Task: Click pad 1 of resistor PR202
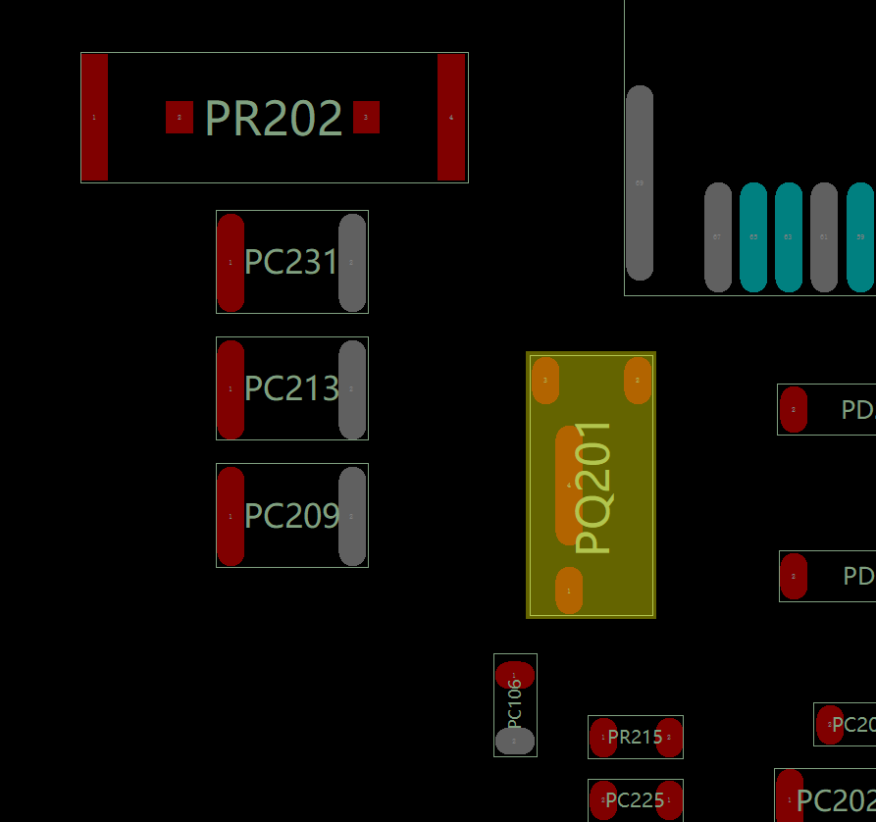pos(94,118)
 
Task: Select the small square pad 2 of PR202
pos(180,118)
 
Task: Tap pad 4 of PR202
pos(451,118)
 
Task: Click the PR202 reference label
pos(274,119)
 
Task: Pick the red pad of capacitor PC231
pos(231,262)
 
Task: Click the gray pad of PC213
pos(352,389)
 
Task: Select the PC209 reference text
pos(291,516)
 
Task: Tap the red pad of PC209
pos(231,516)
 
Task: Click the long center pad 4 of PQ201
pos(569,486)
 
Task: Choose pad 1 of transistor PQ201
pos(569,591)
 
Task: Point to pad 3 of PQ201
pos(545,380)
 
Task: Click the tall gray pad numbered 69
pos(640,182)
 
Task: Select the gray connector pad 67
pos(718,237)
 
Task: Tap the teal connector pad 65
pos(753,237)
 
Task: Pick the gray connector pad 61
pos(824,237)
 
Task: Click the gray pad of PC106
pos(514,741)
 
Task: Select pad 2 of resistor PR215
pos(669,738)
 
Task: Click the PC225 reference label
pos(635,800)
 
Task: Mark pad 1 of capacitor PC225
pos(669,800)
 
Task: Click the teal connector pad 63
pos(789,237)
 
